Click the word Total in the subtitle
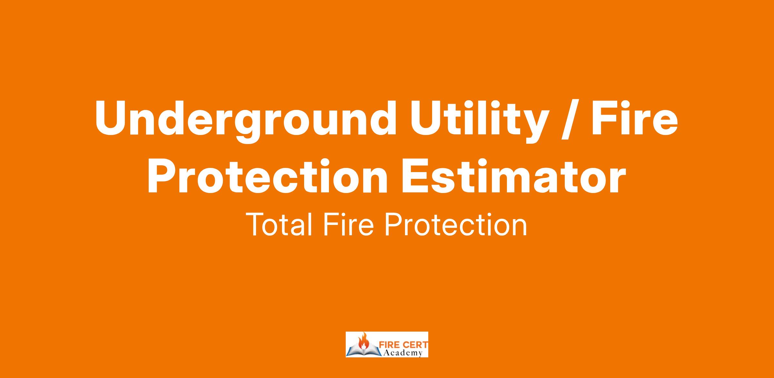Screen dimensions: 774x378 pos(280,224)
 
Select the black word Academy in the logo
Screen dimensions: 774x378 pos(403,353)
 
